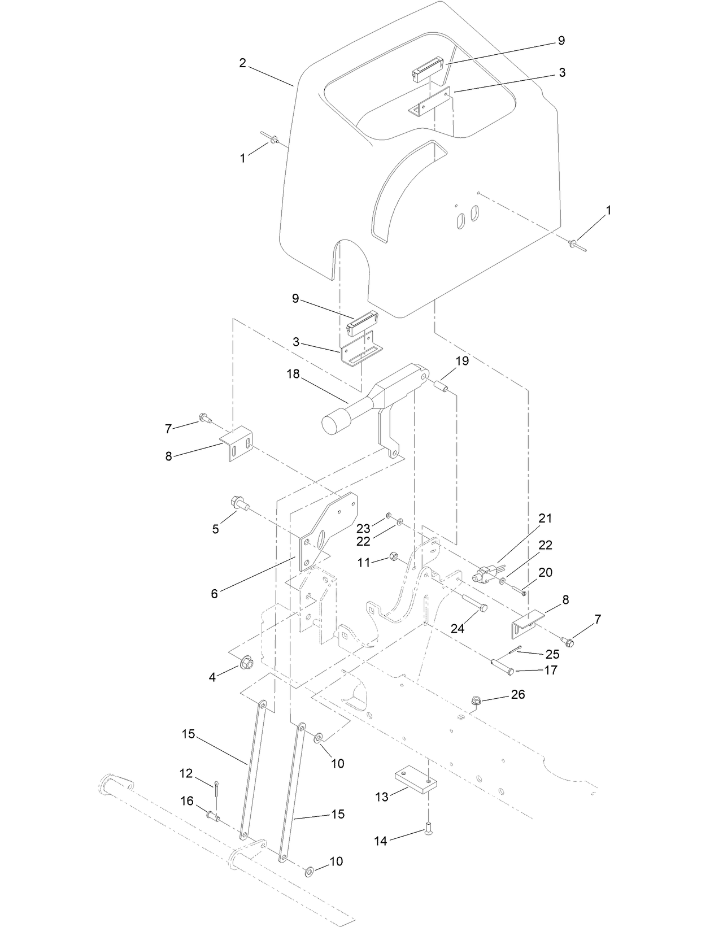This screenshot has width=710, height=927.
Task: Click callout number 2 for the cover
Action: (x=242, y=63)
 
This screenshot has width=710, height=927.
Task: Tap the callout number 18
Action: (x=293, y=374)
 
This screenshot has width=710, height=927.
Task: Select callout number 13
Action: (x=382, y=797)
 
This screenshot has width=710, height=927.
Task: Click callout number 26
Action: (x=517, y=694)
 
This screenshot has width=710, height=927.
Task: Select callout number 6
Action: (x=214, y=594)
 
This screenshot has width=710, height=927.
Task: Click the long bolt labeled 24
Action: (x=473, y=604)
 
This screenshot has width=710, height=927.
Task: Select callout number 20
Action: (x=545, y=572)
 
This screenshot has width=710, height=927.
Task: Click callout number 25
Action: (x=552, y=654)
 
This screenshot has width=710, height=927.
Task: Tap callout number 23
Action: (x=363, y=528)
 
